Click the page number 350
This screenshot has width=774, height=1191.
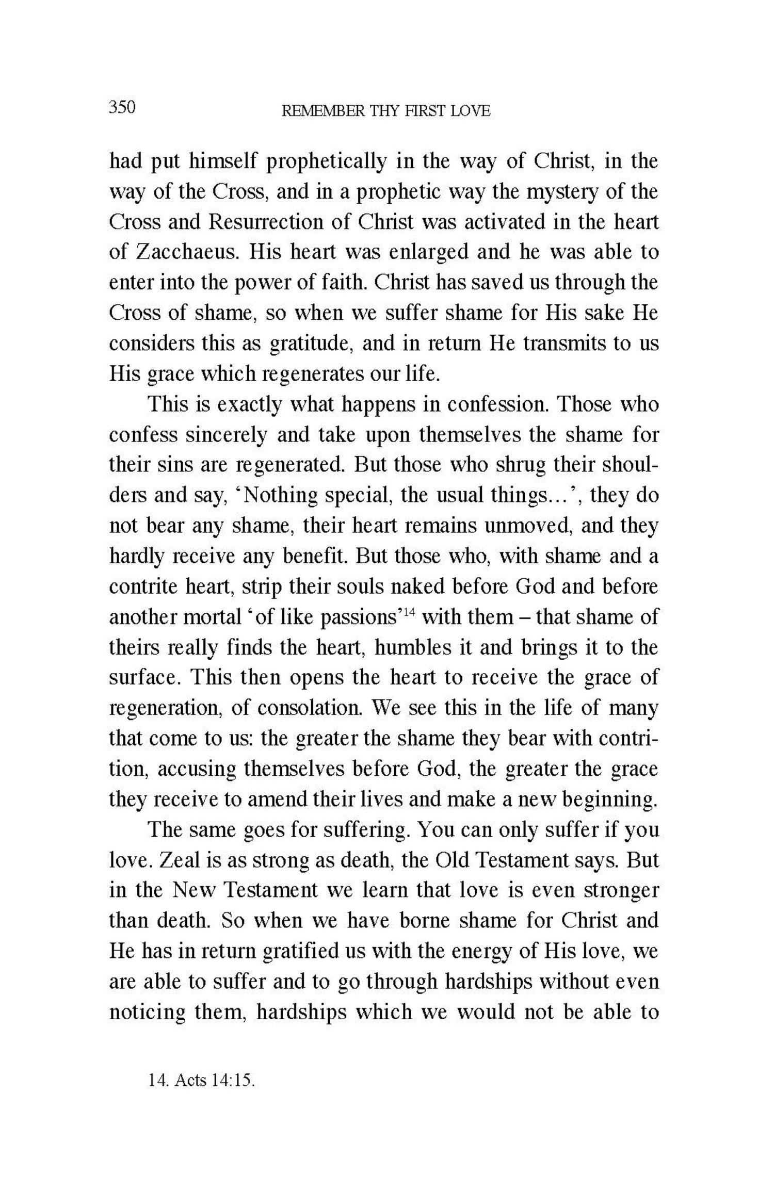click(x=122, y=107)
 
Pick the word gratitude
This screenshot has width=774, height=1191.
click(x=311, y=344)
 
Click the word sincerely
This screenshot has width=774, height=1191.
click(x=227, y=435)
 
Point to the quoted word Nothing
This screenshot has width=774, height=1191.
click(x=275, y=496)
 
